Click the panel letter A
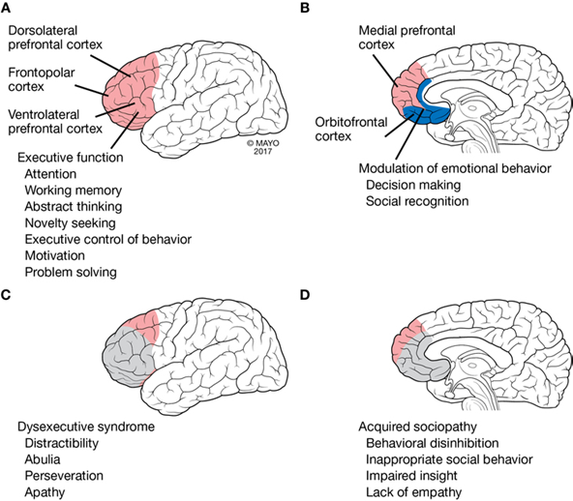click(6, 8)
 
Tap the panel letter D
click(305, 294)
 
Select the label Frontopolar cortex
click(42, 79)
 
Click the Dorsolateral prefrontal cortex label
click(55, 38)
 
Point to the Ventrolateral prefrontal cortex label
click(55, 122)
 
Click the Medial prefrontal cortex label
click(407, 38)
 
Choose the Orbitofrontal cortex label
click(350, 129)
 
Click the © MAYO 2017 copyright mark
click(262, 147)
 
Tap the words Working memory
click(74, 191)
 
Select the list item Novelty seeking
click(70, 222)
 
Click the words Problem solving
click(71, 272)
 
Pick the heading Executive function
click(70, 158)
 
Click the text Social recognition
click(417, 201)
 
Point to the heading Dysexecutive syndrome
click(86, 427)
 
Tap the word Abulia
click(43, 459)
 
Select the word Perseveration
click(64, 476)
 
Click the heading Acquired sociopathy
click(417, 427)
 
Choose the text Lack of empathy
click(413, 492)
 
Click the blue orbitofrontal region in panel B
click(428, 114)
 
